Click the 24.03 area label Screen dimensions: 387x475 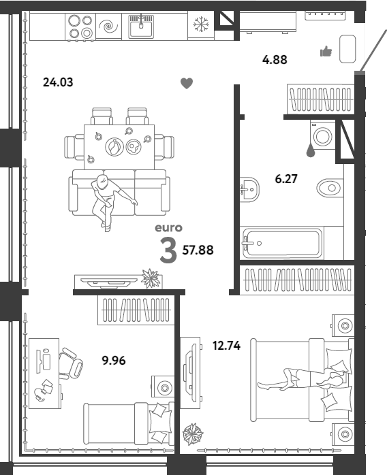[x=58, y=82]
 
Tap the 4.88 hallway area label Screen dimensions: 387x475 [x=275, y=59]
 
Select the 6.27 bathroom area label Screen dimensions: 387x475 [x=286, y=179]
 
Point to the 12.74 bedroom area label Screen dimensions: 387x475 [x=227, y=345]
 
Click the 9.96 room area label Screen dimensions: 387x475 [x=114, y=361]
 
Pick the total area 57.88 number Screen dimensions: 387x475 [x=198, y=250]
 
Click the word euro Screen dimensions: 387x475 [x=168, y=228]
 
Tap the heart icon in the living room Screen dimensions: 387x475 [x=187, y=83]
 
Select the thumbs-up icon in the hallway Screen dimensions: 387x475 [x=326, y=52]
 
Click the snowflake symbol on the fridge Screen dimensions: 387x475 [x=201, y=24]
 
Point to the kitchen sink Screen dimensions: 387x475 [x=141, y=27]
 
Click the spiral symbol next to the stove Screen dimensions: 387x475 [x=108, y=27]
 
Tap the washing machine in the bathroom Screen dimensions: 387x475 [x=322, y=135]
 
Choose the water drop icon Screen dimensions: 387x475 [x=310, y=150]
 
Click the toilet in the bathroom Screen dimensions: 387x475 [x=330, y=188]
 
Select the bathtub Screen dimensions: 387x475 [x=282, y=243]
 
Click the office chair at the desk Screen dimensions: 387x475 [x=70, y=363]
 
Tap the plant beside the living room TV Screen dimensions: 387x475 [x=151, y=278]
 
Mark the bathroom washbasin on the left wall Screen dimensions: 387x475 [x=249, y=190]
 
